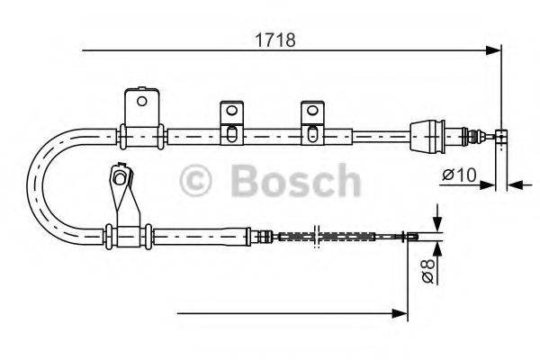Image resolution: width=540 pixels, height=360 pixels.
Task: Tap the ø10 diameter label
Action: pos(460,175)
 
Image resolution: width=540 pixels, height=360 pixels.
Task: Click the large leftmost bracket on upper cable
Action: pos(141,112)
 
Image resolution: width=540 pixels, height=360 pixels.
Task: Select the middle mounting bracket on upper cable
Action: pos(231,121)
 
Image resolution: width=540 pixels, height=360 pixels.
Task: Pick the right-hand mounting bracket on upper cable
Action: pos(311,121)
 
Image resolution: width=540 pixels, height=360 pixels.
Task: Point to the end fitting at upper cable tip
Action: pos(502,137)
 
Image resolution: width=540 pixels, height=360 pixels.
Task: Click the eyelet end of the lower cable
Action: pos(411,238)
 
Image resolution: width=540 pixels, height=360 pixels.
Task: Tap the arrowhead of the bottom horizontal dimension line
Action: pos(403,313)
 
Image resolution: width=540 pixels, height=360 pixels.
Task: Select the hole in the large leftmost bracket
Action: pos(140,100)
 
